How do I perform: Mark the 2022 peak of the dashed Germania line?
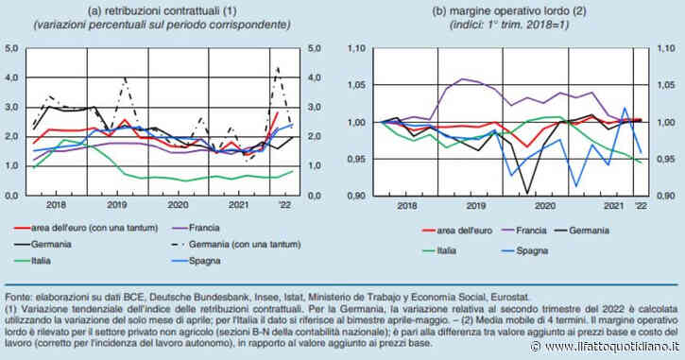276,67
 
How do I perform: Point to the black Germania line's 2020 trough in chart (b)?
524,194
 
